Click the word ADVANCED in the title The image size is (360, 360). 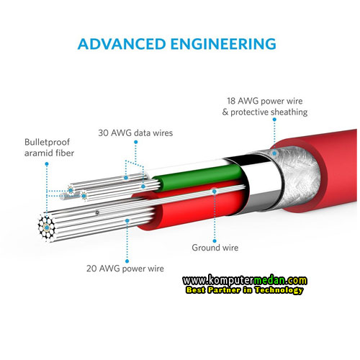pos(122,44)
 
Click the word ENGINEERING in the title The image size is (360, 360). pos(223,44)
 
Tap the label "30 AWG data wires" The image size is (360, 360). pos(135,133)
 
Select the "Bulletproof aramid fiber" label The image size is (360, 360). pos(49,148)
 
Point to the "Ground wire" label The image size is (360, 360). pos(215,248)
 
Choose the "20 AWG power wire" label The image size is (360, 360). pos(125,269)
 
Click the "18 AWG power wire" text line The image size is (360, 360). pos(265,101)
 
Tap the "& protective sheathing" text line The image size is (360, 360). pos(265,112)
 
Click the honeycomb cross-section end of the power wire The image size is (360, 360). pos(47,227)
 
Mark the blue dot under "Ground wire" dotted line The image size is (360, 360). pos(215,240)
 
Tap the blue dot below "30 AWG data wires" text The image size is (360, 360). pos(136,142)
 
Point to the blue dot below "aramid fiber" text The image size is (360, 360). pos(47,164)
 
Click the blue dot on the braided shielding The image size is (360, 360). pos(274,153)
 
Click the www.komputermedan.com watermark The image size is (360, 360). pos(245,280)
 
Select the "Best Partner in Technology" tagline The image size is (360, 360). pos(245,290)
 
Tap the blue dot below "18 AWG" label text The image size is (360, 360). pos(274,120)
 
